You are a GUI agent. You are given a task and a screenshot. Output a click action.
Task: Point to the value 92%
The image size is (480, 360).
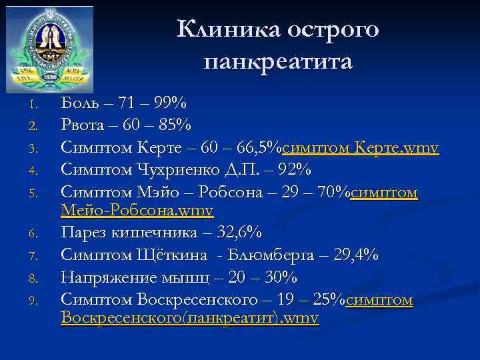tap(294, 169)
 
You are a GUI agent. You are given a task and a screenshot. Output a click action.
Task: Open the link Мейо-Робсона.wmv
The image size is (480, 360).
tap(137, 211)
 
